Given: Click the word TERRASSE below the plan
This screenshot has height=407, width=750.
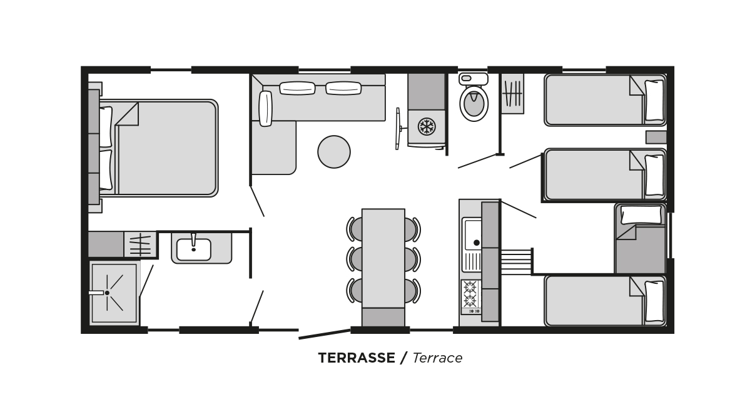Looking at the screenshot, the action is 357,358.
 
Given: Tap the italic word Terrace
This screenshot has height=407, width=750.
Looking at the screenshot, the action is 437,358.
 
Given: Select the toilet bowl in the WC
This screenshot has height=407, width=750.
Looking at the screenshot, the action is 474,103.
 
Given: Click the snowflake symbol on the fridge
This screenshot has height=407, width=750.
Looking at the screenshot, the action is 427,126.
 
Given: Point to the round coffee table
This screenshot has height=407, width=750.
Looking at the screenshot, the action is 334,151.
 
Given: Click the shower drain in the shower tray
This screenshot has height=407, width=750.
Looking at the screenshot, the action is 107,293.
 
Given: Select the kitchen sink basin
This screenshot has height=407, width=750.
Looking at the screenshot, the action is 473,234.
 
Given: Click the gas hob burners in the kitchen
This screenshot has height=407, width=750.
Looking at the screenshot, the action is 470,294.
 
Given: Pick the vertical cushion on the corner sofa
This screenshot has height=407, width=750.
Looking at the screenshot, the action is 265,109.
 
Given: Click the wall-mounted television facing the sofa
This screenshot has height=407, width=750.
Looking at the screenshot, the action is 398,129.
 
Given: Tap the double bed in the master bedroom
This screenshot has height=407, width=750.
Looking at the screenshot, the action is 158,148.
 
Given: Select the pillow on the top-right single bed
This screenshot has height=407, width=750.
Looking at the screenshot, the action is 654,101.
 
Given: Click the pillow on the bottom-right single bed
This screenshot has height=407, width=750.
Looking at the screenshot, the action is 654,301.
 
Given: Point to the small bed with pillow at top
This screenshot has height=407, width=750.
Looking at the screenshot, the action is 641,239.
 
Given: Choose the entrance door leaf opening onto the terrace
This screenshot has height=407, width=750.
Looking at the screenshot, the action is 325,334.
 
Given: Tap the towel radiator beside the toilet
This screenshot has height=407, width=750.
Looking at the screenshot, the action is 512,94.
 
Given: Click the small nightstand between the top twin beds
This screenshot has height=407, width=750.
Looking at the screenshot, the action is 656,138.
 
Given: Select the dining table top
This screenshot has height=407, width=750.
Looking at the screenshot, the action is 383,258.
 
